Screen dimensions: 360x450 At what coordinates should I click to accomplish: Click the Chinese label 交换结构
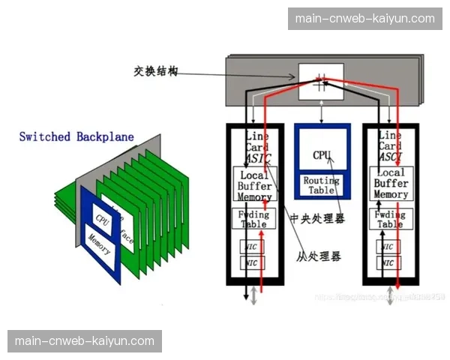(157, 71)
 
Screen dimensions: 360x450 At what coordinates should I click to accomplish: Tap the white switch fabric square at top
(321, 81)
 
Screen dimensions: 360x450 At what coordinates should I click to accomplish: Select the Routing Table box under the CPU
(322, 185)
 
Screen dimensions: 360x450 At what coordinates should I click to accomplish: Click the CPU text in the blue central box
(322, 154)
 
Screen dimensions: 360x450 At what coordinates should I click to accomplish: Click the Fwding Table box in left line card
(254, 219)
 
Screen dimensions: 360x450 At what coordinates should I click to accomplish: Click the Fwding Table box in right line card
(390, 219)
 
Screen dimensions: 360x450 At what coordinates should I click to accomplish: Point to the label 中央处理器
(319, 220)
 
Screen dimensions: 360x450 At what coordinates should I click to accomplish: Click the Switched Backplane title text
(76, 136)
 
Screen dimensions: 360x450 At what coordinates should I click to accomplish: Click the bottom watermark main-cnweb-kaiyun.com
(84, 341)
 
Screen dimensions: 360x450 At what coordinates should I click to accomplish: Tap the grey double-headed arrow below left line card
(254, 295)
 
